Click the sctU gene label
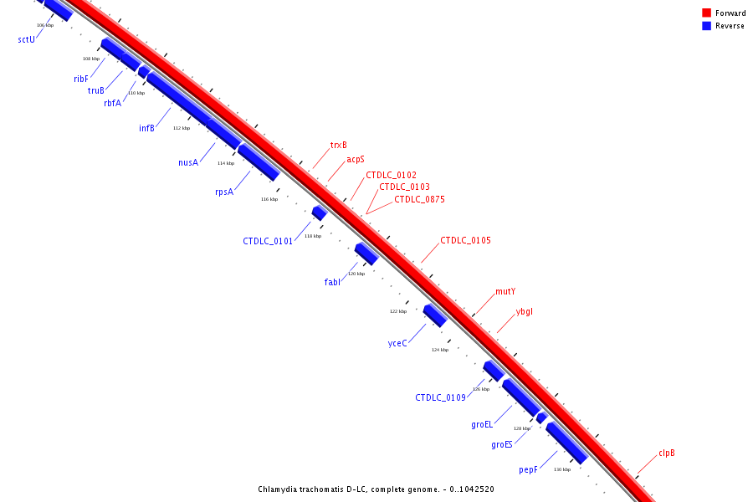pos(26,39)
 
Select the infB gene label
pos(146,128)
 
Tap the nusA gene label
pos(188,162)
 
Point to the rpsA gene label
pos(224,192)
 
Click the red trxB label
pos(338,145)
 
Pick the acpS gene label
pos(356,159)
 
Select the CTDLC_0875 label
pos(419,199)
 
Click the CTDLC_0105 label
pos(465,240)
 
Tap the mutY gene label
pos(505,291)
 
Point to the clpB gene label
pos(666,453)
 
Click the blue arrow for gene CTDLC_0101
pos(319,213)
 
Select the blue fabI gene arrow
pos(366,253)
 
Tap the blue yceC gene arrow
pos(434,315)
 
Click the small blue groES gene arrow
pos(542,417)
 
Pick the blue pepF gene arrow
pos(566,443)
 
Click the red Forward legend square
pos(706,13)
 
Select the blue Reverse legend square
pos(706,26)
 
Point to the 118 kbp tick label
pos(312,236)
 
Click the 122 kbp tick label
pos(398,311)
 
